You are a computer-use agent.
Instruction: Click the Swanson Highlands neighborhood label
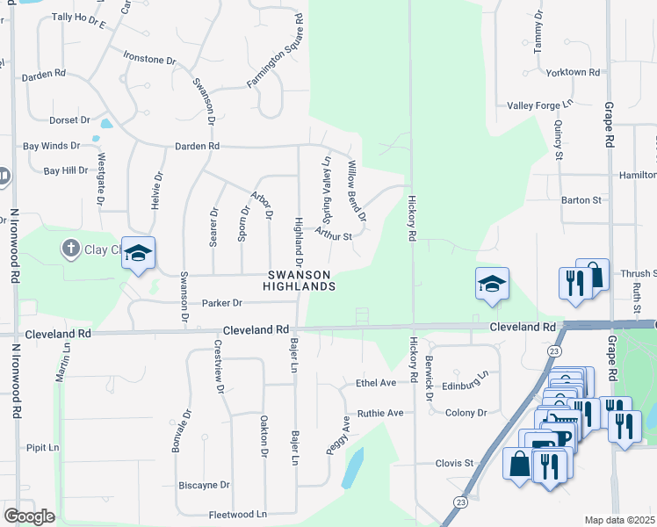pos(301,280)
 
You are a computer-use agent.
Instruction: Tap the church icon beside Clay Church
pos(72,249)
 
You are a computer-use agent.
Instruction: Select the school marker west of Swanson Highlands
pos(137,255)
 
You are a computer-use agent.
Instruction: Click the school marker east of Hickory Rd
pos(492,285)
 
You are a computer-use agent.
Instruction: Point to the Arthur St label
pos(333,235)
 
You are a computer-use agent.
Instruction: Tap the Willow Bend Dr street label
pos(357,190)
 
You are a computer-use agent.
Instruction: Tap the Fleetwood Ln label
pos(237,514)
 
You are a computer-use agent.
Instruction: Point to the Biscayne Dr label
pos(204,484)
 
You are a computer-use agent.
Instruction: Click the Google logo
pos(29,516)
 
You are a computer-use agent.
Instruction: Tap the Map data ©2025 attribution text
pos(619,520)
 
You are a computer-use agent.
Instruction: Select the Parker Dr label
pos(221,303)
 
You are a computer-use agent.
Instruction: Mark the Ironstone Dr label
pos(150,59)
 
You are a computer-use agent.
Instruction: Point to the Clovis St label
pos(454,463)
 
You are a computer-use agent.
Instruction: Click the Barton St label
pos(581,200)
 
